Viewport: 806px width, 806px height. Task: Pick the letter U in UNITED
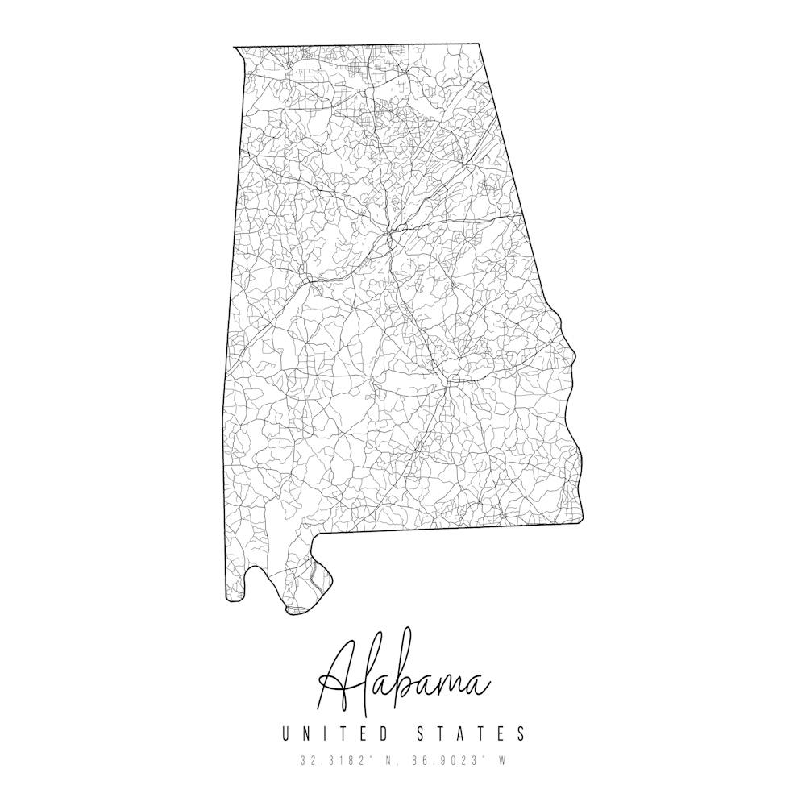click(x=286, y=733)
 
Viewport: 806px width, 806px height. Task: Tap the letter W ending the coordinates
click(x=501, y=760)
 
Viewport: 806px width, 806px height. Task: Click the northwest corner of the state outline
click(x=235, y=48)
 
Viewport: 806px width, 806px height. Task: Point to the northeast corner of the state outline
click(x=480, y=44)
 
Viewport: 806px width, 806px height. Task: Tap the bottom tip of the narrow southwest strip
click(x=235, y=600)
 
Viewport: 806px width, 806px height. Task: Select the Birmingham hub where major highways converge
click(x=390, y=234)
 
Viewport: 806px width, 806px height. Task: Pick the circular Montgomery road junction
click(x=453, y=378)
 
